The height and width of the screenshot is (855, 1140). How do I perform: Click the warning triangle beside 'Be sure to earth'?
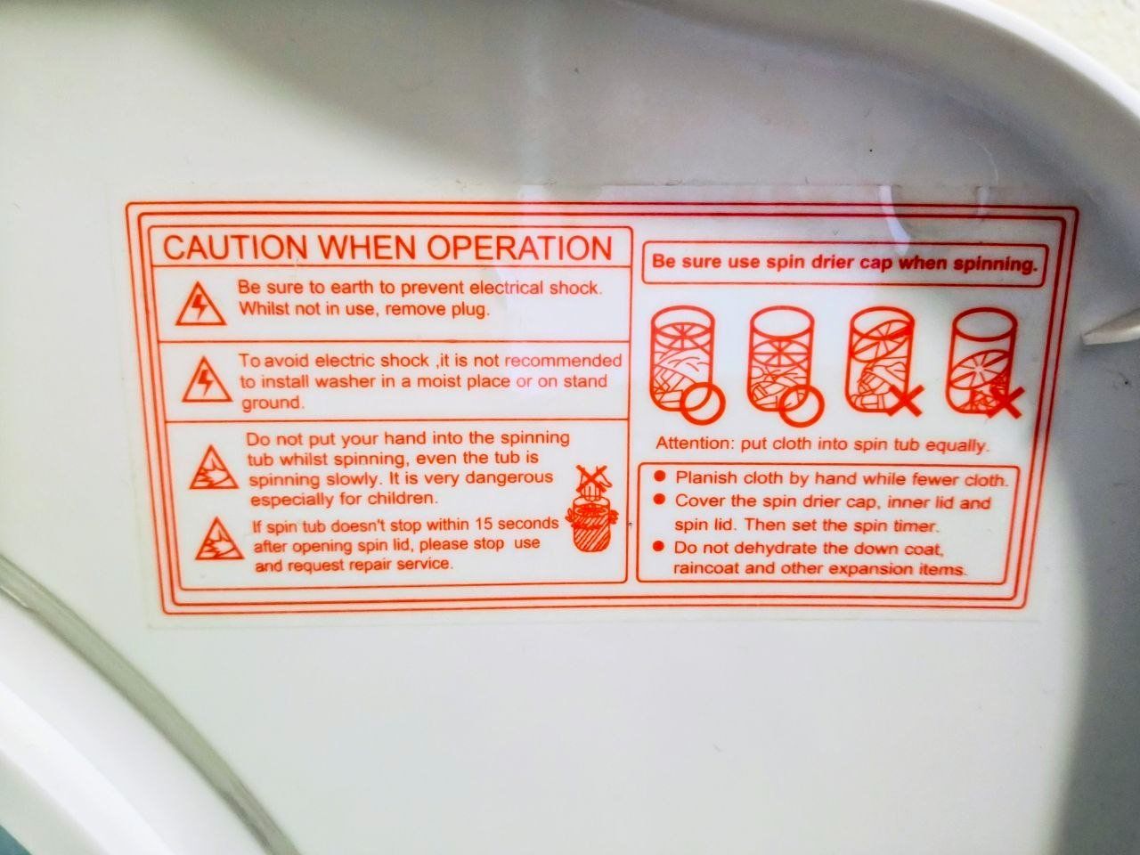pyautogui.click(x=200, y=305)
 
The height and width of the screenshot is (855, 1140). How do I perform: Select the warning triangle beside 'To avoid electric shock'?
pyautogui.click(x=207, y=379)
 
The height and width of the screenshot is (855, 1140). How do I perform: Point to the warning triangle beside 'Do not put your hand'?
pyautogui.click(x=214, y=468)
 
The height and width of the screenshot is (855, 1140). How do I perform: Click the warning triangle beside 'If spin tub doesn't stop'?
pyautogui.click(x=219, y=539)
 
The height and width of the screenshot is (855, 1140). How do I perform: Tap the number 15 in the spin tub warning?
pyautogui.click(x=484, y=525)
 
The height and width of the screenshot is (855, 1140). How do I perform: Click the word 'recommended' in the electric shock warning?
pyautogui.click(x=563, y=361)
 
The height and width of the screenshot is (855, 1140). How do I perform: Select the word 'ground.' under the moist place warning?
pyautogui.click(x=272, y=403)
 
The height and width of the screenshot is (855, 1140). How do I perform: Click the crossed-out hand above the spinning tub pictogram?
pyautogui.click(x=595, y=482)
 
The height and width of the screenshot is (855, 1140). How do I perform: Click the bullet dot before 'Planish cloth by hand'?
pyautogui.click(x=660, y=476)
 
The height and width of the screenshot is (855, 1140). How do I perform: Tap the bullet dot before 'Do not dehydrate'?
pyautogui.click(x=659, y=546)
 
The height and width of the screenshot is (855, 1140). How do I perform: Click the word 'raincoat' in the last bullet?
pyautogui.click(x=704, y=568)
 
